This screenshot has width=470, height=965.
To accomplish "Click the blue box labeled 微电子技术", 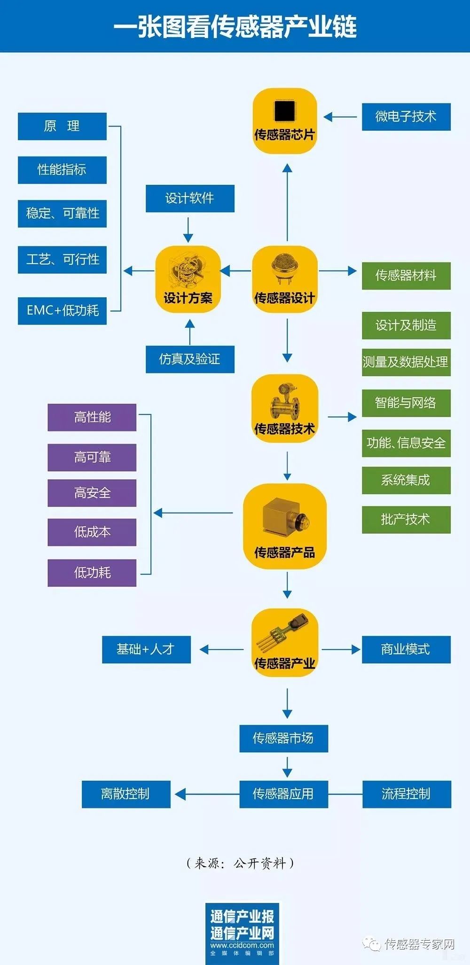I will pos(406,117).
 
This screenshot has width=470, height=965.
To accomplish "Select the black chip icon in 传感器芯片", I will pos(284,111).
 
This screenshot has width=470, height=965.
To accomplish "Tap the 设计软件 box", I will pos(190,198).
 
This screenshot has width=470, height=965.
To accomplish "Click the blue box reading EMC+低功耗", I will pos(62,310).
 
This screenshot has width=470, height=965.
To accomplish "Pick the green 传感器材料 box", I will pos(406,276).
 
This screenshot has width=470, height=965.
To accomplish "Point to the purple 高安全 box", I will pos(92,493).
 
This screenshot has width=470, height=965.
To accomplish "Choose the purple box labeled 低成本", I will pos(92,532).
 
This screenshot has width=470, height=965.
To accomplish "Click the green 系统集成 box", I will pos(406,480).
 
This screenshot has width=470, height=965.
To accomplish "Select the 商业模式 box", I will pos(406,649).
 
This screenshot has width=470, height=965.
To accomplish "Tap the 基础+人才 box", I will pos(146,649).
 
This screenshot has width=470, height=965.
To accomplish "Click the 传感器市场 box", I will pos(283,738).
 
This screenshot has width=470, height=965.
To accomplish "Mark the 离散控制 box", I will pos(126,794).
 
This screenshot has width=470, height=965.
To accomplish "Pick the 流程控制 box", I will pos(407,794).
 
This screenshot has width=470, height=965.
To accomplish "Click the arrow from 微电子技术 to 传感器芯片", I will pos(340,117).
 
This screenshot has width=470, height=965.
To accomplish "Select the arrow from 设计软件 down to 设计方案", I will pos(188,229).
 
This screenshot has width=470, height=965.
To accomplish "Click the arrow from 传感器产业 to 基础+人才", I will pos(221,649).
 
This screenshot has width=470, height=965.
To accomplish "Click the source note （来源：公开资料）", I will pos(240,863).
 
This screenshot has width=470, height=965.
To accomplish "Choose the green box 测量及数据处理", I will pos(406,362).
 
